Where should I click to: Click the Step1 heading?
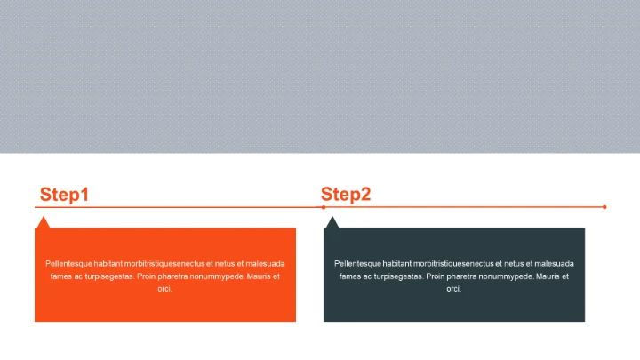click(64, 195)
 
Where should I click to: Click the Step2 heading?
click(346, 195)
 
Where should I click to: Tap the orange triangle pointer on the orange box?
click(44, 223)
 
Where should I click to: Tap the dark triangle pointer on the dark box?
click(332, 223)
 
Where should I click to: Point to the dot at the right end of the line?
click(604, 207)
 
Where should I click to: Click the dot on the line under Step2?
click(324, 207)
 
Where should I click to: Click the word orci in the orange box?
click(164, 289)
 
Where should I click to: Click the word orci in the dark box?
click(453, 289)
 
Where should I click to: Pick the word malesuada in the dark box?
click(555, 264)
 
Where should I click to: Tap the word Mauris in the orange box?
click(260, 276)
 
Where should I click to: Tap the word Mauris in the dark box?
click(548, 276)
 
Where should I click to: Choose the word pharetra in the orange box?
click(172, 276)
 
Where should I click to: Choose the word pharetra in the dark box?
click(461, 276)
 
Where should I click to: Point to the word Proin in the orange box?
click(146, 276)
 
